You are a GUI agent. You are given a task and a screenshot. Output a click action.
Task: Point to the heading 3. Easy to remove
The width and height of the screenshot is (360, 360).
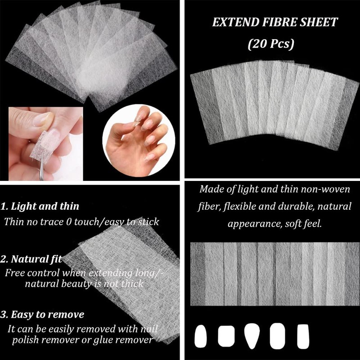[42, 314]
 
